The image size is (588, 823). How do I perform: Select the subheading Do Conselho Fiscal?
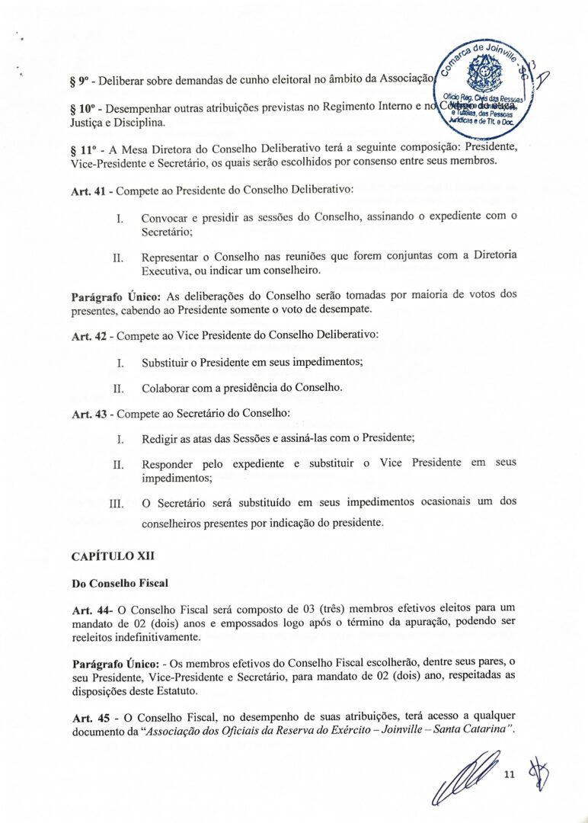click(x=120, y=583)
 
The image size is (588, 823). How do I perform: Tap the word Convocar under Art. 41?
click(x=165, y=217)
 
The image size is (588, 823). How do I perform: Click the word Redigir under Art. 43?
click(x=161, y=439)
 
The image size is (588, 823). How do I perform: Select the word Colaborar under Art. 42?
click(x=165, y=388)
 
